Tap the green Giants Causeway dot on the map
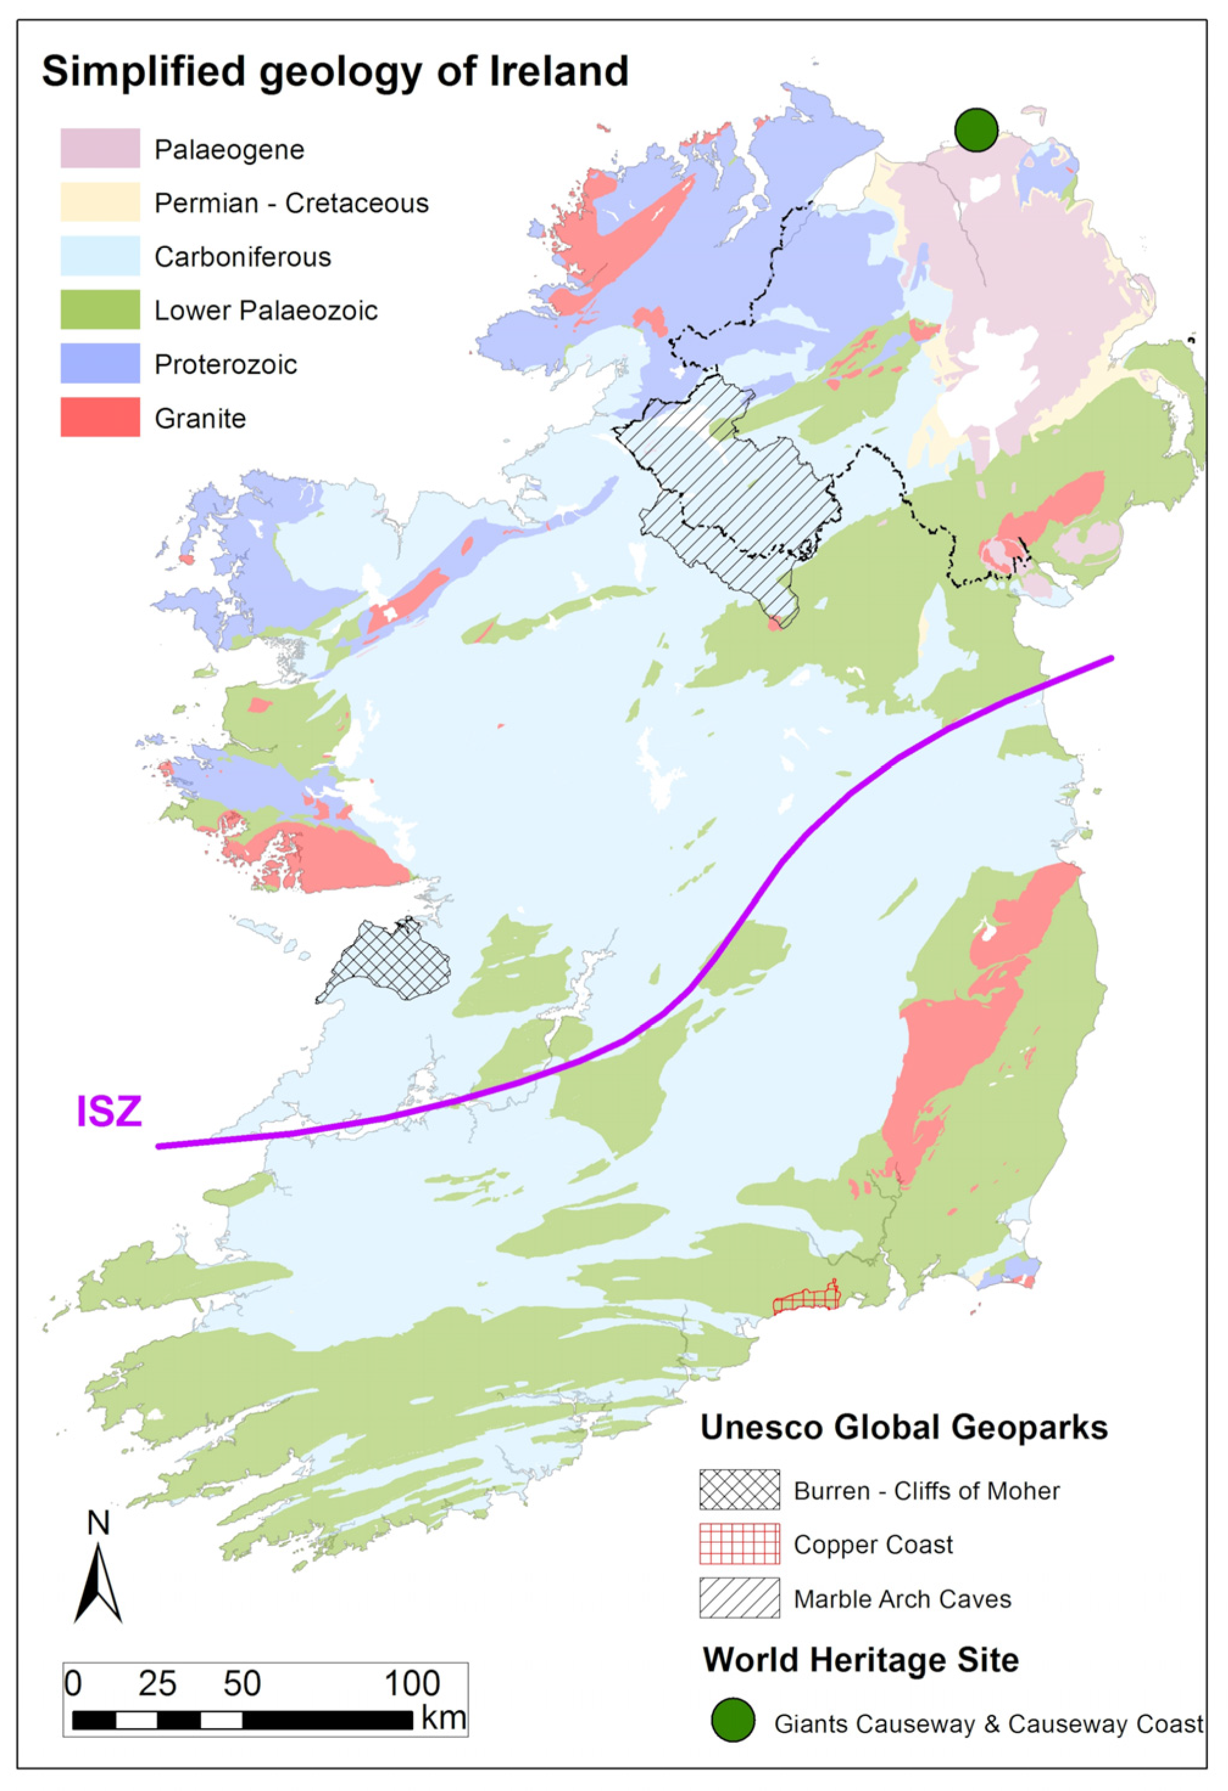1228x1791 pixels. coord(976,129)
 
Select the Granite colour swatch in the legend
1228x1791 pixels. coord(100,418)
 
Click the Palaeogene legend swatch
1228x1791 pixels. coord(100,148)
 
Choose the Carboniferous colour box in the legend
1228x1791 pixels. coord(100,256)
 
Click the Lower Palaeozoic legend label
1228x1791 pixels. coord(266,310)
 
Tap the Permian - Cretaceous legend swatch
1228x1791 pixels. coord(100,202)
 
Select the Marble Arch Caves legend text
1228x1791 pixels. coord(902,1599)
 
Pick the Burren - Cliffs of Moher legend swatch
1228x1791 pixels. coord(739,1490)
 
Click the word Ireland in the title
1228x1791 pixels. coord(558,71)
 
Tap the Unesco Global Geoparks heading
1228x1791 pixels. coord(904,1428)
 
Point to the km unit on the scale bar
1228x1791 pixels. coord(443,1718)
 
